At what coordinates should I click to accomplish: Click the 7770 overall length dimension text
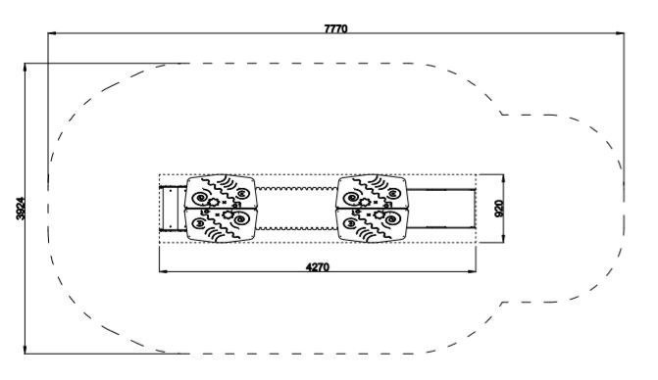click(335, 28)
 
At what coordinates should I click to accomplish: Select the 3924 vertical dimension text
click(21, 209)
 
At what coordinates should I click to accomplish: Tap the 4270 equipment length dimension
click(318, 266)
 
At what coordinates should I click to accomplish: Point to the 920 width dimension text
click(499, 209)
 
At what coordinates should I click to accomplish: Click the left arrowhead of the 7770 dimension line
click(52, 32)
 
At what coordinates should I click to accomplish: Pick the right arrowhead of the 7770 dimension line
click(620, 32)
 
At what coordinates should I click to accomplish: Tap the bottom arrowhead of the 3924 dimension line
click(25, 349)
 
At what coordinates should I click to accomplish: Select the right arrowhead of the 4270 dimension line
click(472, 271)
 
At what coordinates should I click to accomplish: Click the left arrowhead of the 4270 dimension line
click(164, 271)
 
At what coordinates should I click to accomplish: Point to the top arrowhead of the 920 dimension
click(504, 179)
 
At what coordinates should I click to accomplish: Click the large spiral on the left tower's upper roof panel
click(199, 198)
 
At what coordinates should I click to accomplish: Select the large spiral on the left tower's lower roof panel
click(241, 218)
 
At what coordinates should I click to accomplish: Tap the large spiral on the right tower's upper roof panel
click(351, 198)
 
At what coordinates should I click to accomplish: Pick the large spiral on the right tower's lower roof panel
click(393, 218)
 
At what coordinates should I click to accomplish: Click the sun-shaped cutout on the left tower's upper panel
click(214, 203)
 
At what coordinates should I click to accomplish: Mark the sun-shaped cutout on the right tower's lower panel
click(379, 214)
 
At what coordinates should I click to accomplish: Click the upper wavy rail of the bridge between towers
click(296, 189)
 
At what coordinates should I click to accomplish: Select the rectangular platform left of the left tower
click(173, 209)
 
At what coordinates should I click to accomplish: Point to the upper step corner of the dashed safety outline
click(501, 114)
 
